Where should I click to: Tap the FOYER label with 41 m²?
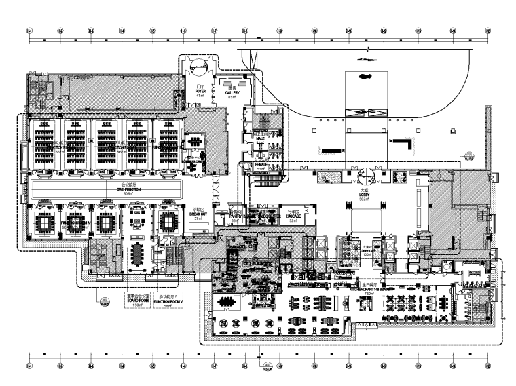point(200,92)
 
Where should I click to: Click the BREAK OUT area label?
point(198,214)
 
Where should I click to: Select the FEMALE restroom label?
point(260,164)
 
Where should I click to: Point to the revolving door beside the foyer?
point(199,68)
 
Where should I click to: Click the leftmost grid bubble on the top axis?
point(29,31)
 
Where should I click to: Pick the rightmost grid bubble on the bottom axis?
point(483,366)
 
